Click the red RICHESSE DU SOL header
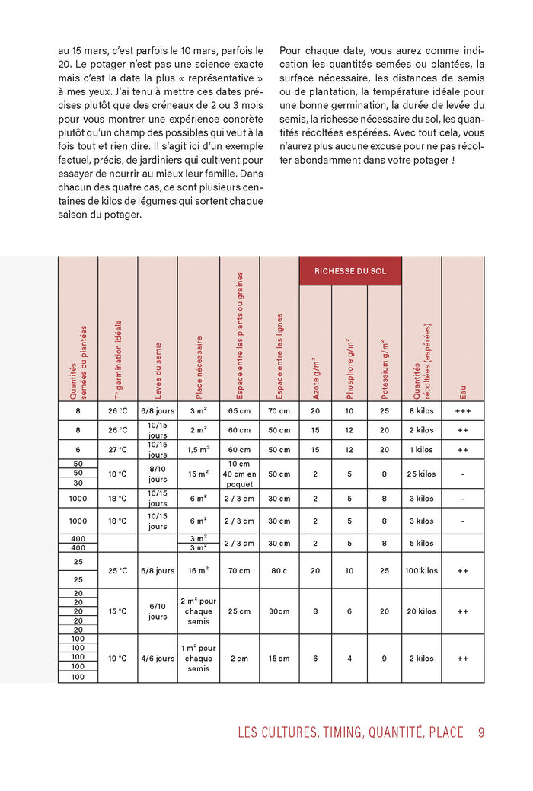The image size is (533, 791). [x=350, y=271]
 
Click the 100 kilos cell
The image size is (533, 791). [x=421, y=570]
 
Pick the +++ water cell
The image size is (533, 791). [x=462, y=411]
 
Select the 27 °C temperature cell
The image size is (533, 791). [x=117, y=449]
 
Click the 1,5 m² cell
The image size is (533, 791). [x=198, y=449]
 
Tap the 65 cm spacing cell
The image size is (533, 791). [x=239, y=411]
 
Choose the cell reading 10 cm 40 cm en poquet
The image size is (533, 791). [x=239, y=474]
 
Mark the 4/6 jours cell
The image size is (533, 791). [x=158, y=659]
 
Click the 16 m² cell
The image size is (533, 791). [x=198, y=570]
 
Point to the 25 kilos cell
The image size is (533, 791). [x=421, y=474]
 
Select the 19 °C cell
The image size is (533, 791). [x=117, y=659]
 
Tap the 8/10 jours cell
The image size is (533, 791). [x=158, y=474]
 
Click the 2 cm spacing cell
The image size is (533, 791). [x=239, y=659]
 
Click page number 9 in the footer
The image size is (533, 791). [x=481, y=732]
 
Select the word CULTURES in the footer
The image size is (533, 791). [x=299, y=732]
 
